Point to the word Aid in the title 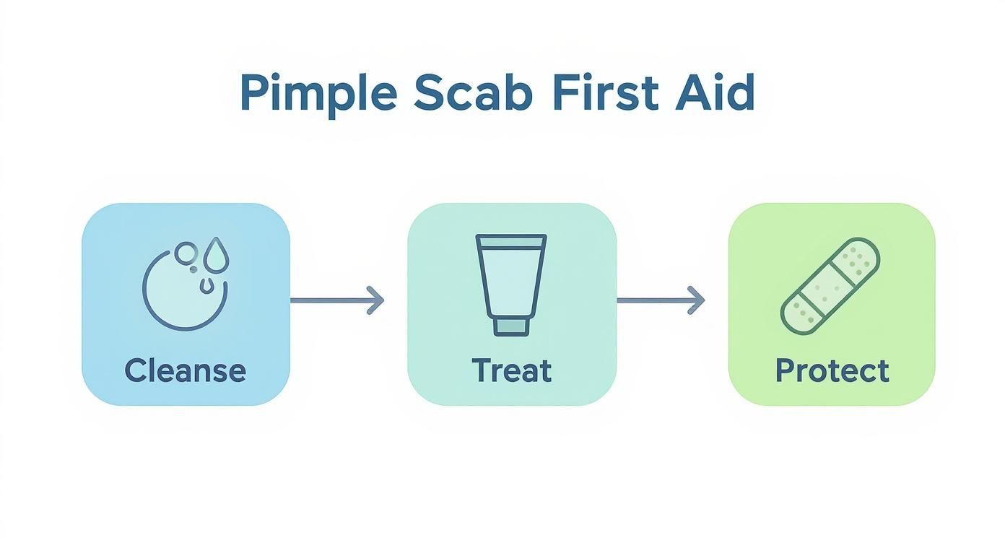pos(715,92)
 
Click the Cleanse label pos(185,371)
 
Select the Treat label pos(512,371)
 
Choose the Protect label pos(832,371)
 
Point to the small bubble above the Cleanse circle pos(186,251)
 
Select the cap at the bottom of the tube pos(511,327)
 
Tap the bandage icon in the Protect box pos(831,287)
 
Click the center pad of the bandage pos(831,287)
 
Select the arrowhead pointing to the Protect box pos(697,300)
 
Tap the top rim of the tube pos(511,238)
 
